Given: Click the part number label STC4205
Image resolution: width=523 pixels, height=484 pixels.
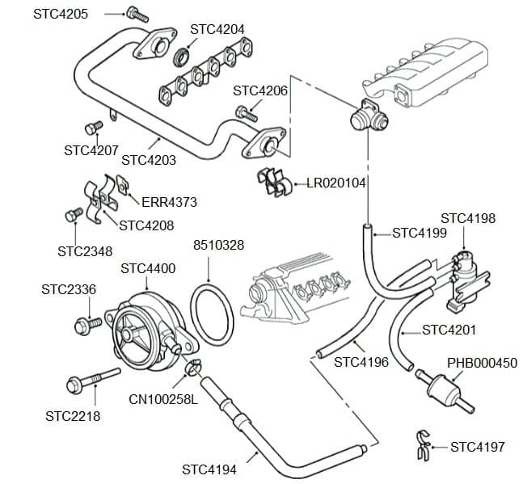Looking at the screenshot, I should pos(61,15).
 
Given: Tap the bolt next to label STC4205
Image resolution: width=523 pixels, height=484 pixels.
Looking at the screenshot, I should pos(136,14).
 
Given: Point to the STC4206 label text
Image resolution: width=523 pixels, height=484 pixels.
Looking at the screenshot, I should pos(260,90).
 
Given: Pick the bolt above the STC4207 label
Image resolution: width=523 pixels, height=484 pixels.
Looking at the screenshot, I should pos(94,127).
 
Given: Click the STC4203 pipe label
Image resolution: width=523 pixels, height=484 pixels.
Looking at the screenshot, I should pos(149,160).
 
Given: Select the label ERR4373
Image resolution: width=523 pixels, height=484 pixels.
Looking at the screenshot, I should pos(169,202).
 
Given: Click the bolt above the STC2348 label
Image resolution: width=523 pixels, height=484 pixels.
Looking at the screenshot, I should pos(73,215).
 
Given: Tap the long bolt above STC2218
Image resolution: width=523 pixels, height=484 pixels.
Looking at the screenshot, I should pos(91,379).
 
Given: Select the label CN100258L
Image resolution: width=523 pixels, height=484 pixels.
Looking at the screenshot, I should pos(162,399).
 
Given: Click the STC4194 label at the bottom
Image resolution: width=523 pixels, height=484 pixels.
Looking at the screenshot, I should pos(209,469).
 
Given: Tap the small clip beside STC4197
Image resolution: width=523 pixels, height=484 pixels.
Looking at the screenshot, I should pos(421,447).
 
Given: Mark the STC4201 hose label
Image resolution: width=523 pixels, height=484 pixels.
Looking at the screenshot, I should pos(449,330).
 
